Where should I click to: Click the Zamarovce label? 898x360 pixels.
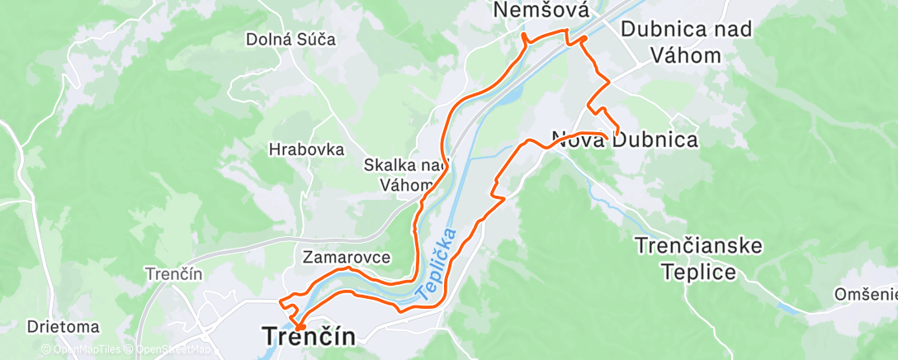pos(346,257)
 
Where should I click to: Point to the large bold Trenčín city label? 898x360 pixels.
pos(309,337)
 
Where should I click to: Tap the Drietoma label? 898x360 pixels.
pos(64,327)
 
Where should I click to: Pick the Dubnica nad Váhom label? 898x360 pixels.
pos(675,42)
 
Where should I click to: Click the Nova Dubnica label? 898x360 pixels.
pos(625,140)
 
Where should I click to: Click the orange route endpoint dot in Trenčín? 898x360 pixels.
pos(300,327)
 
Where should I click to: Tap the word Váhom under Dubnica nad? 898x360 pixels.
pos(675,55)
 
